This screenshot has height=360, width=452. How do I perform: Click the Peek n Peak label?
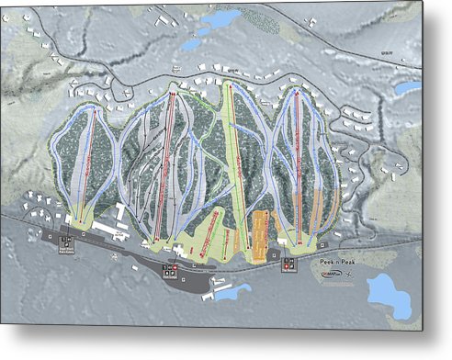(335, 263)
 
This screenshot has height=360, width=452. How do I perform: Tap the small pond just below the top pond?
(191, 43)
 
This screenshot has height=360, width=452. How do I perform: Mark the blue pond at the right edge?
(407, 88)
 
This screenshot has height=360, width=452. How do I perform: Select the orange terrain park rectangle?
(260, 231)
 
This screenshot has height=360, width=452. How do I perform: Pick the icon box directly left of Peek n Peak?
(289, 264)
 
